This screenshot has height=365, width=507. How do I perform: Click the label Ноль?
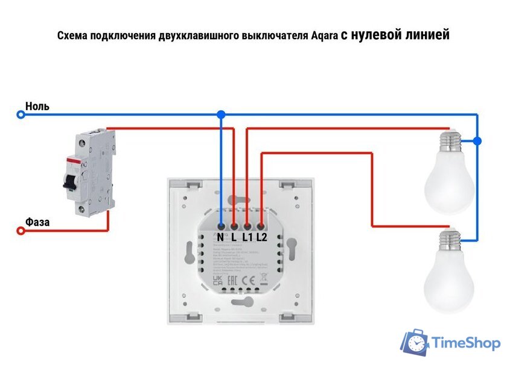(37, 107)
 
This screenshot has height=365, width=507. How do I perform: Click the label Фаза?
(37, 222)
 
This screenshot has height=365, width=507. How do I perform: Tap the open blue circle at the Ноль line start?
(21, 114)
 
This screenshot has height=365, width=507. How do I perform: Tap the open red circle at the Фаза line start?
(21, 231)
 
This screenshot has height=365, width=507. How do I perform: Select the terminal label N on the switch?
(221, 237)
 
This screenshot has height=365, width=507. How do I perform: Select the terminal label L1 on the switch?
(247, 237)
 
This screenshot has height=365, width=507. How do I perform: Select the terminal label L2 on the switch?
(261, 237)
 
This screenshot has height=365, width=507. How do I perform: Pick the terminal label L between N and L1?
(234, 237)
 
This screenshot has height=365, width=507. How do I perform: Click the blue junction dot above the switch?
(221, 114)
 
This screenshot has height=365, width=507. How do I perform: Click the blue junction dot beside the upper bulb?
(477, 141)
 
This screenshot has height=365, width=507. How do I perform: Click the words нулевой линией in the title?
(400, 35)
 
